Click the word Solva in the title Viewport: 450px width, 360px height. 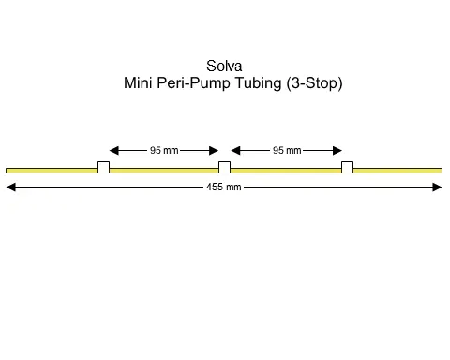click(x=224, y=67)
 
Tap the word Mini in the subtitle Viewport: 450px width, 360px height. click(x=140, y=82)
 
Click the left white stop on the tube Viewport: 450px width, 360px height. click(x=103, y=168)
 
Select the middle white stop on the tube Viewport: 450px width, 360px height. click(x=224, y=168)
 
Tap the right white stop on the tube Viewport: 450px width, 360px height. click(x=347, y=168)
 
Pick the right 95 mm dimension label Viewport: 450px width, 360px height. click(x=286, y=150)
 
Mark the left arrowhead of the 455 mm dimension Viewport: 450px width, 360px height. click(x=11, y=187)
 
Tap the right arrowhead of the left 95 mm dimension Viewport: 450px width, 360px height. click(x=214, y=150)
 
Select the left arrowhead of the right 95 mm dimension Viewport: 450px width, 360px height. click(x=235, y=150)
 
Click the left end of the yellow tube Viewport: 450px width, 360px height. click(x=7, y=170)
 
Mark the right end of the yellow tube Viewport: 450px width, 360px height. click(x=440, y=170)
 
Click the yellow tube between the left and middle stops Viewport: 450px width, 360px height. click(x=164, y=170)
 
